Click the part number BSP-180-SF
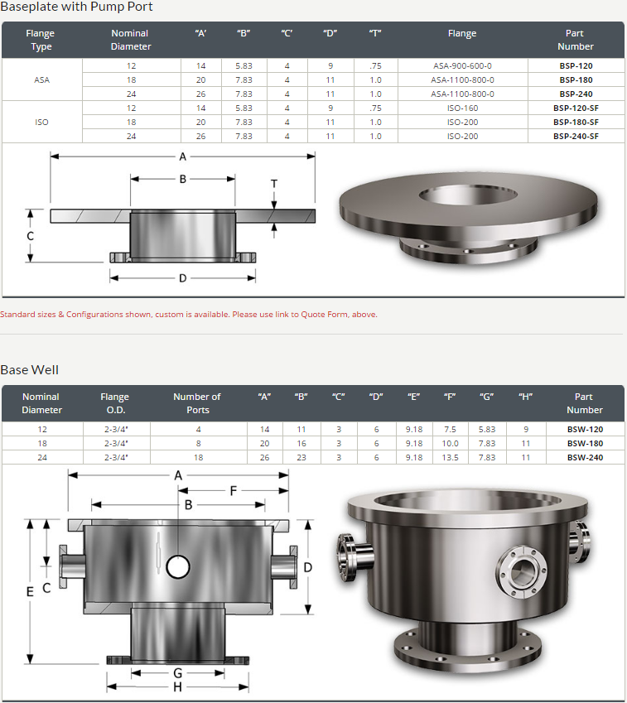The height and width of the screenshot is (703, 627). pyautogui.click(x=576, y=122)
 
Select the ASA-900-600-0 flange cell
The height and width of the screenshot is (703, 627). pyautogui.click(x=462, y=66)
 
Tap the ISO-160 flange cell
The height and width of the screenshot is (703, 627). pyautogui.click(x=462, y=108)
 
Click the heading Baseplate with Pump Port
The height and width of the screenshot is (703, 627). pyautogui.click(x=77, y=7)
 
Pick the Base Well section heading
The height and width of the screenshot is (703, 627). pyautogui.click(x=30, y=370)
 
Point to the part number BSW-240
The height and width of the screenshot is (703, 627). pyautogui.click(x=585, y=457)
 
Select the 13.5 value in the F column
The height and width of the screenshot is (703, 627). pyautogui.click(x=450, y=457)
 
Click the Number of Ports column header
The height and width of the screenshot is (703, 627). pyautogui.click(x=197, y=403)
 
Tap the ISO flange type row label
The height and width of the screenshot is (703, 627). pyautogui.click(x=41, y=122)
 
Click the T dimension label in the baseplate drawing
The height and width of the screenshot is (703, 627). pyautogui.click(x=274, y=184)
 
